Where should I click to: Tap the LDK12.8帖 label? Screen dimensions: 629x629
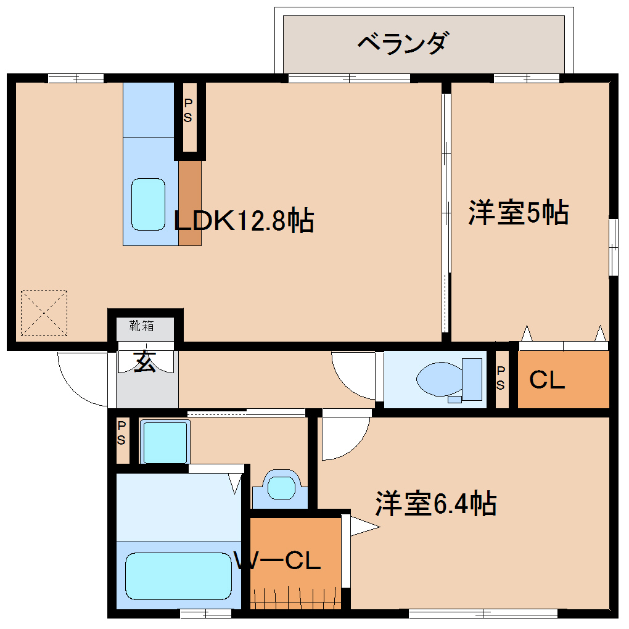coord(244,220)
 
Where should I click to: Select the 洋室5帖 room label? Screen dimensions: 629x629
coord(518,213)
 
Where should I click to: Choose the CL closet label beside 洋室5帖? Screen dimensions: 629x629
coord(547,381)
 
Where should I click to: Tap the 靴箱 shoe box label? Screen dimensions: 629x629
coord(142,324)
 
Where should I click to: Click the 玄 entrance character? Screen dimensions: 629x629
coord(145,362)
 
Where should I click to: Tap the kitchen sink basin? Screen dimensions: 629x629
coord(148,204)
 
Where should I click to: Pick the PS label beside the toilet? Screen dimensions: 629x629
coord(501,378)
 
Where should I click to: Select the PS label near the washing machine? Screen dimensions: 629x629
coord(122,433)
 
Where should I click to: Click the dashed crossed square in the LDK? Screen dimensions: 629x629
coord(44,313)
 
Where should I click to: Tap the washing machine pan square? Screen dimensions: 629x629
coord(165,441)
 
